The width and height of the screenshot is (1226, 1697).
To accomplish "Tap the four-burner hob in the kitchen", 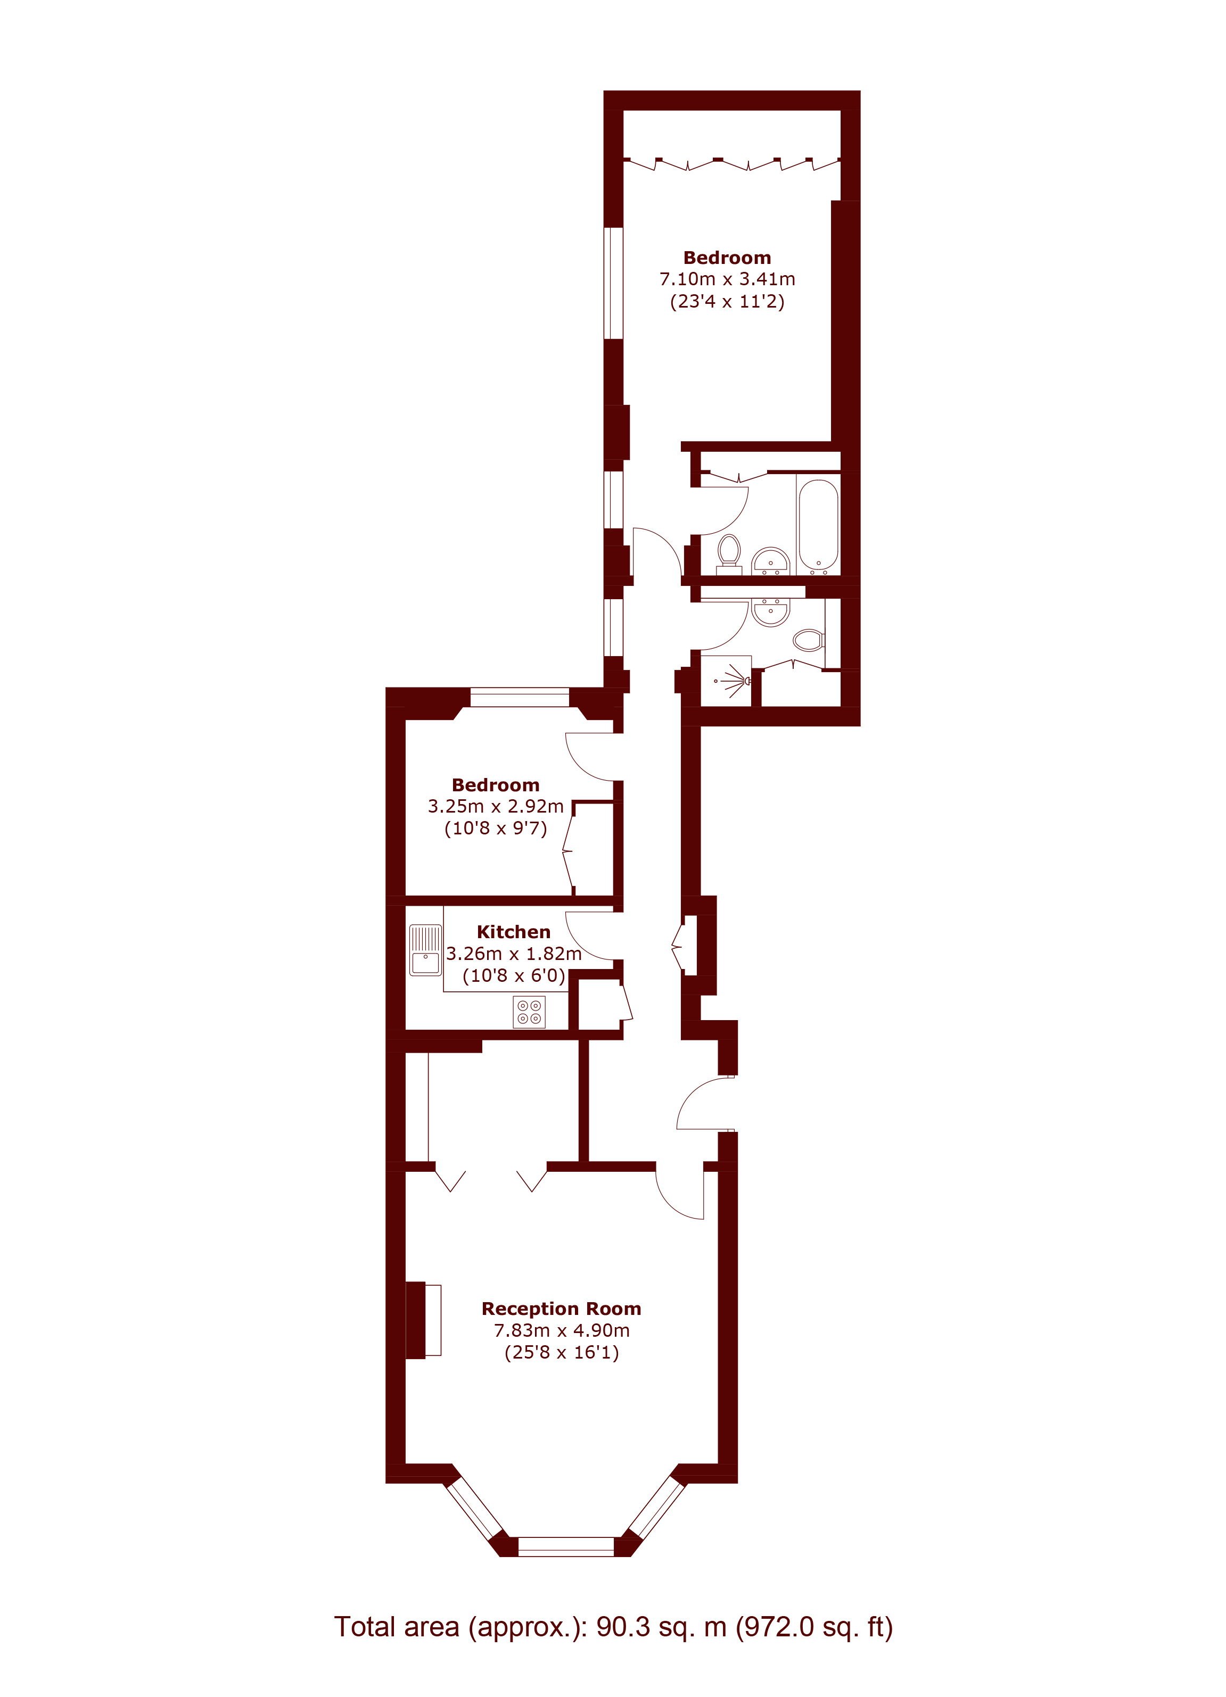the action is (x=529, y=1012).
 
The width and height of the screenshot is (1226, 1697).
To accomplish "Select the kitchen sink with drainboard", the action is (x=425, y=950).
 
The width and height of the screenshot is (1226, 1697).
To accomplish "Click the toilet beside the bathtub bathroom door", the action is (x=729, y=554).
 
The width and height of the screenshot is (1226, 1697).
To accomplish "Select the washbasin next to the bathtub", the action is (x=770, y=561).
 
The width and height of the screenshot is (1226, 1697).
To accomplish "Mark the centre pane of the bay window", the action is (x=566, y=1546).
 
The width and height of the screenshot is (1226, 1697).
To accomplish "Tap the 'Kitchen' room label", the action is (x=514, y=932).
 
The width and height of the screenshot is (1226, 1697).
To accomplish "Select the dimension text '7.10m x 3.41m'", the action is (x=727, y=279).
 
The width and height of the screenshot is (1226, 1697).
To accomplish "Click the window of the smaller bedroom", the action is (x=520, y=697).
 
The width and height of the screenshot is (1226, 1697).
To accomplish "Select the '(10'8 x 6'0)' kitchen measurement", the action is (x=514, y=976).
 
